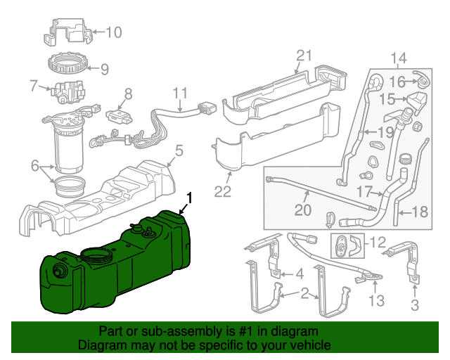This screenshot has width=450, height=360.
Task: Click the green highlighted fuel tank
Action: pos(112,271)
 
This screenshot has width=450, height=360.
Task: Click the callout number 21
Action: pos(303,56)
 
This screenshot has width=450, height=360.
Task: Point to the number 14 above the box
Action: pos(399,58)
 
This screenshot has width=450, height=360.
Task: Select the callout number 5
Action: pos(179,150)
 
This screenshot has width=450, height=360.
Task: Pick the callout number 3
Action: pos(414,305)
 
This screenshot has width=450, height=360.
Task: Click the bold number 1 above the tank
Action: pos(188,198)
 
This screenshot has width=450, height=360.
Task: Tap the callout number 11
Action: pos(181,92)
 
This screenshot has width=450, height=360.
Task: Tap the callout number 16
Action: pos(397,82)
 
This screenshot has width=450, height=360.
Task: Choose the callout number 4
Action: pos(299,273)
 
